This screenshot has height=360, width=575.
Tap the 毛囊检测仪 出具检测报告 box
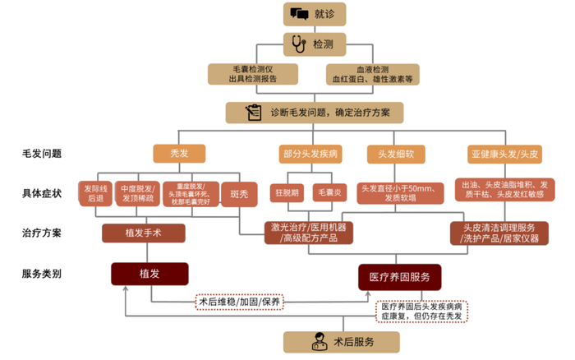tap(253, 74)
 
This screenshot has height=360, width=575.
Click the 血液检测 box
tap(372, 74)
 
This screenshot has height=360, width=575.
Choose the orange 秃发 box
tap(178, 154)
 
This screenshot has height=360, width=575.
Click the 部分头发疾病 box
tap(311, 154)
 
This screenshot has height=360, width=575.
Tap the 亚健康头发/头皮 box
tap(505, 154)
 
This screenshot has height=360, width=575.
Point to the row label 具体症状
tap(42, 193)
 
